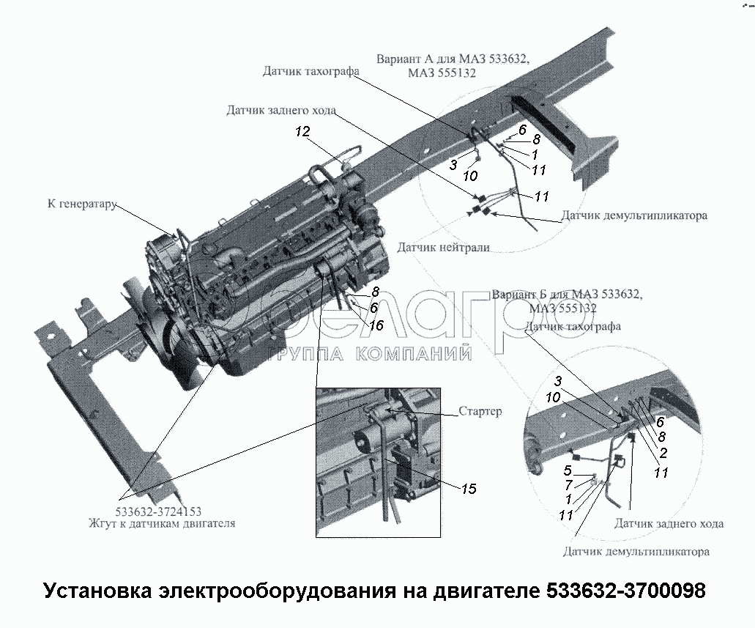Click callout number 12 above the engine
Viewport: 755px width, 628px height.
(303, 132)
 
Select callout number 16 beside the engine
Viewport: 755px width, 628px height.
(376, 325)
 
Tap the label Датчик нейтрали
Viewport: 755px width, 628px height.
(444, 248)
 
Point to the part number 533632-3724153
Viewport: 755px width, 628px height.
(158, 511)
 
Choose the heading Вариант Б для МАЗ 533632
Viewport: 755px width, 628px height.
(567, 294)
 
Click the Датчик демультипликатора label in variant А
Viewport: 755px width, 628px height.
(634, 216)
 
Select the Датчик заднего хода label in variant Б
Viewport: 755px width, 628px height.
(669, 524)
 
